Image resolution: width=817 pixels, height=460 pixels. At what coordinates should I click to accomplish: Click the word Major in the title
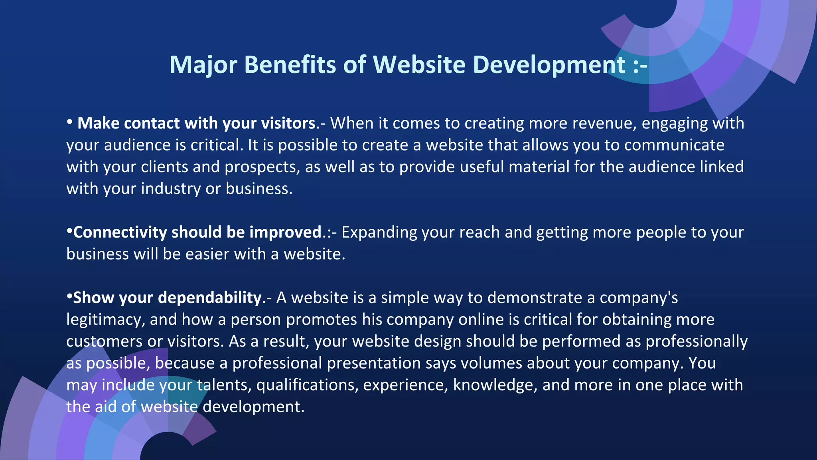point(203,65)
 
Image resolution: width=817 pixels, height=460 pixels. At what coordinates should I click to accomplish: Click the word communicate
point(674,145)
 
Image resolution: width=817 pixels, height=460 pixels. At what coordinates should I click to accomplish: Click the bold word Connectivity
point(120,232)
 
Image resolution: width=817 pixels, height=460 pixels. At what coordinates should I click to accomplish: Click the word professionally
point(697,341)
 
